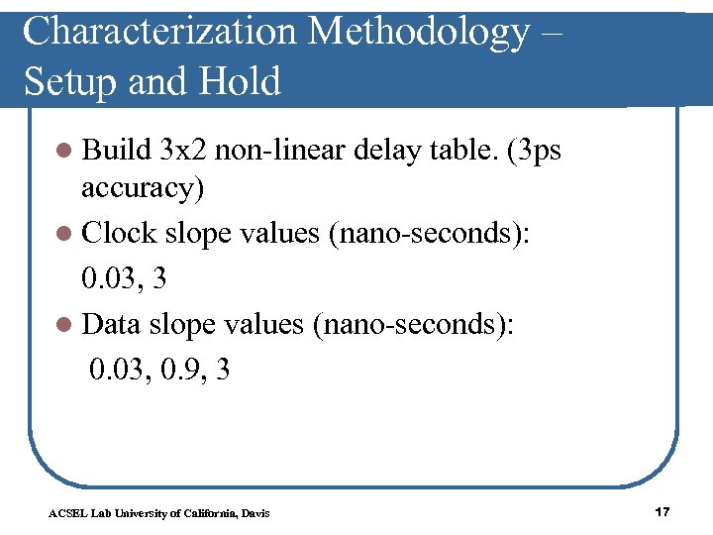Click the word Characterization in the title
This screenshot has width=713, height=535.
tap(159, 32)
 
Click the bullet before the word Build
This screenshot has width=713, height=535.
tap(64, 153)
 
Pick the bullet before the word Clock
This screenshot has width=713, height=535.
tap(64, 234)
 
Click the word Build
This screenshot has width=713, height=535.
tap(116, 151)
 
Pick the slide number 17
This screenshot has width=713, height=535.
tap(662, 511)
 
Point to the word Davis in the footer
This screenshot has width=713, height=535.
tap(255, 513)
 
